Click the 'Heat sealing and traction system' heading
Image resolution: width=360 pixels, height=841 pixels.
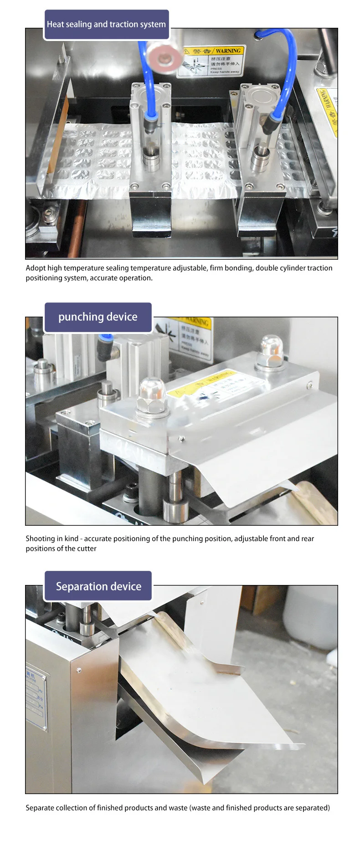coord(106,25)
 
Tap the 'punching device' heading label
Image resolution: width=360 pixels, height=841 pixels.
coord(98,317)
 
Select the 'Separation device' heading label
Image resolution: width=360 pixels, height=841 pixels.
coord(98,586)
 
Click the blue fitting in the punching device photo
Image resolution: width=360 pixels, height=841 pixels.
coord(105,339)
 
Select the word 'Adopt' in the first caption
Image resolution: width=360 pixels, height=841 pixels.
coord(36,268)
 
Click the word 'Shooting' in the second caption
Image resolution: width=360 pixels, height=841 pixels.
coord(40,538)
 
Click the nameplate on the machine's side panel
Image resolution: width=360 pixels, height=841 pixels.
coord(36,699)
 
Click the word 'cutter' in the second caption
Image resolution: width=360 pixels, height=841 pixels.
coord(86,549)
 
